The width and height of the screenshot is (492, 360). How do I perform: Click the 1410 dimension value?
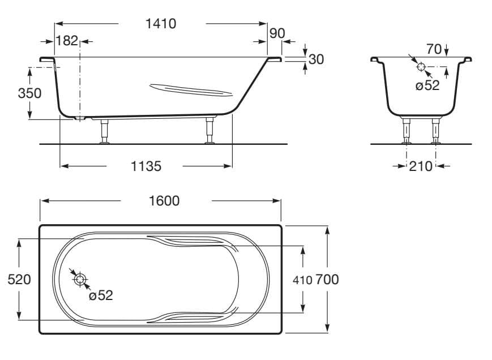161,24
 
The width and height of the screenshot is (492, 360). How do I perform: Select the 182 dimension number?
66,41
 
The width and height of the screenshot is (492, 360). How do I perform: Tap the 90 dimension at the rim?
277,33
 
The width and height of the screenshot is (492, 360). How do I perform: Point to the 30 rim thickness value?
316,59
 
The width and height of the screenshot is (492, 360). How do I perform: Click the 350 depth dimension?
29,93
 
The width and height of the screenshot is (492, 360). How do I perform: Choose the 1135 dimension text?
146,166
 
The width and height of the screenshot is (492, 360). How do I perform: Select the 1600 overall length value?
164,201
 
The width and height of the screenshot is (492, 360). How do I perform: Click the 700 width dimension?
327,280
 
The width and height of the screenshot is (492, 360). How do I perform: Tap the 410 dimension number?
302,280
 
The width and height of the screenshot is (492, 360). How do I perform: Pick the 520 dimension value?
19,280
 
